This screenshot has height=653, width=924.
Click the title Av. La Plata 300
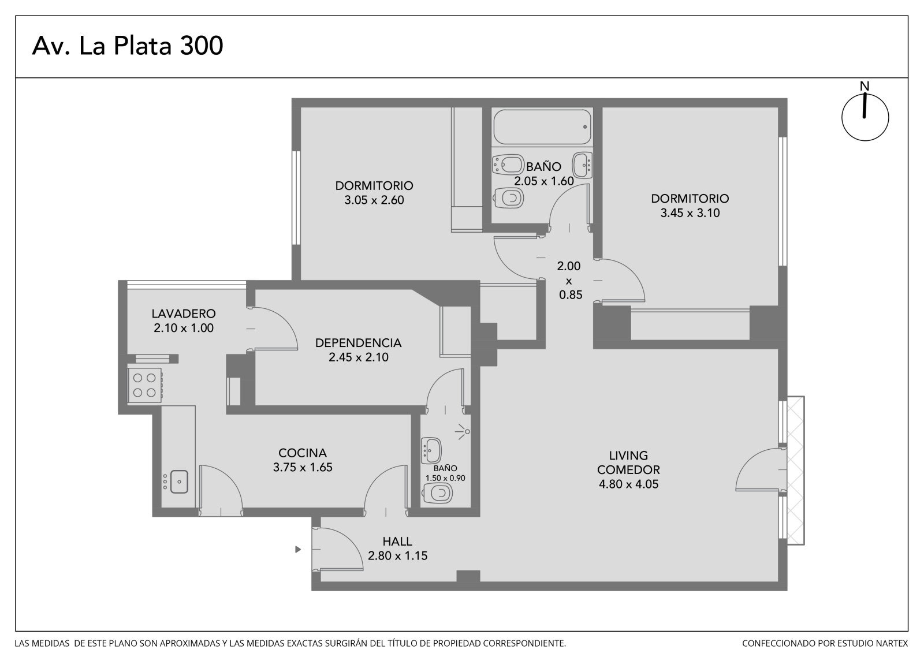(x=128, y=46)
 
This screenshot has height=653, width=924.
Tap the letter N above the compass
(x=864, y=86)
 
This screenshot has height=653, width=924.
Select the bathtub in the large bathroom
(x=542, y=126)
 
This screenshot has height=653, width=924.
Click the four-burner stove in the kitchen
(x=144, y=385)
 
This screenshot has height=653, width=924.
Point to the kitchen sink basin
(x=179, y=482)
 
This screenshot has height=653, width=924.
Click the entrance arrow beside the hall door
(x=298, y=550)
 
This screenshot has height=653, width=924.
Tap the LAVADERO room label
(x=184, y=314)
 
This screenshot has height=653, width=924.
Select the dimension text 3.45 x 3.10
(x=690, y=213)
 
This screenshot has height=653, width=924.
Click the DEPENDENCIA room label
(x=358, y=343)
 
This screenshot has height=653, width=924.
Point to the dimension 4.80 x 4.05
(x=628, y=484)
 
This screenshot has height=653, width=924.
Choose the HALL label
(x=397, y=541)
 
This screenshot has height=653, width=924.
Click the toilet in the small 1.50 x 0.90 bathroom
(x=438, y=493)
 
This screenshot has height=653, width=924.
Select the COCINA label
(x=303, y=453)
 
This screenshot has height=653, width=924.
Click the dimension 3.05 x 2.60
(x=374, y=200)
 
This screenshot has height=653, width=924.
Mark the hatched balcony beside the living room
(x=796, y=470)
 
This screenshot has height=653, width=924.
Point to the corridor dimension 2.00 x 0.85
(x=569, y=280)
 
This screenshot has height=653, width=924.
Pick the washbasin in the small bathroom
(x=431, y=450)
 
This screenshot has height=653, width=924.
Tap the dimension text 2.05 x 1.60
(x=543, y=181)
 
